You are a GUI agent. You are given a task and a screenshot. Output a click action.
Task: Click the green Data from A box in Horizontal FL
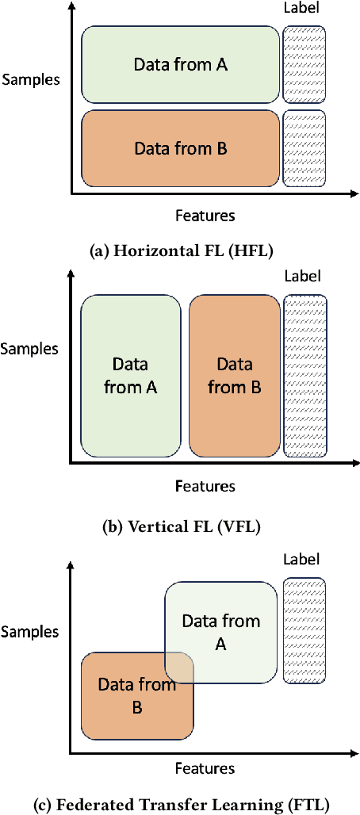pyautogui.click(x=180, y=65)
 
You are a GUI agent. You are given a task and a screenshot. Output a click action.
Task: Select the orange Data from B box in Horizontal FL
pyautogui.click(x=180, y=147)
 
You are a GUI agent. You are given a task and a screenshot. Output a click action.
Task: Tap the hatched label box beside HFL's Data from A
pyautogui.click(x=304, y=65)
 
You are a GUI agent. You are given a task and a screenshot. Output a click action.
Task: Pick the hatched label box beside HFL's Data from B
pyautogui.click(x=304, y=147)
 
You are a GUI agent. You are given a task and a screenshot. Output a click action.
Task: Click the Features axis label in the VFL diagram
pyautogui.click(x=205, y=485)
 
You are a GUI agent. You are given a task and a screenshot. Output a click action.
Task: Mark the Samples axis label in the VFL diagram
pyautogui.click(x=30, y=348)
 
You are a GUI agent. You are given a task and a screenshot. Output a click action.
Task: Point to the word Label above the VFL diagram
pyautogui.click(x=302, y=276)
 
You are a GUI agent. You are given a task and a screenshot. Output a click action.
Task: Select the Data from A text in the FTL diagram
pyautogui.click(x=221, y=632)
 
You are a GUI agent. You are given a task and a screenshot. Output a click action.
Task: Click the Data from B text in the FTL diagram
pyautogui.click(x=136, y=695)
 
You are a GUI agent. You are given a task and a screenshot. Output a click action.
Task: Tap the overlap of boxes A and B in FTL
pyautogui.click(x=180, y=668)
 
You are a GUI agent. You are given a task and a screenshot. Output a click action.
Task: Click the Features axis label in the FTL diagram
pyautogui.click(x=205, y=767)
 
